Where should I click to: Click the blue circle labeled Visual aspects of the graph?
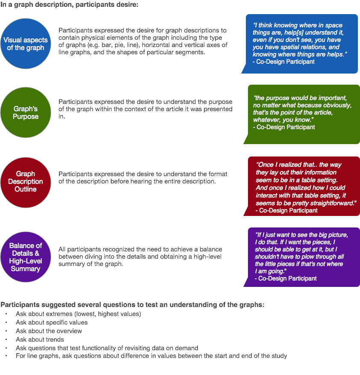click(26, 44)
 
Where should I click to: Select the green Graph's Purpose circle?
click(26, 113)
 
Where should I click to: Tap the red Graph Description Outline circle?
click(26, 182)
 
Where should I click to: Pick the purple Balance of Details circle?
click(26, 257)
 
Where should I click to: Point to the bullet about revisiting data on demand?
click(107, 348)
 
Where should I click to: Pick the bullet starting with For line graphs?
click(151, 356)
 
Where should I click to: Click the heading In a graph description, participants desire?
click(69, 5)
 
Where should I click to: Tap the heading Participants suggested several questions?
click(132, 305)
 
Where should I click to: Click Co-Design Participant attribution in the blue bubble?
click(283, 62)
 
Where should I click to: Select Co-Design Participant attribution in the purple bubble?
click(286, 278)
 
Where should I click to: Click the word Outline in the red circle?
click(26, 189)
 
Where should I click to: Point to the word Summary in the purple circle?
click(26, 269)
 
